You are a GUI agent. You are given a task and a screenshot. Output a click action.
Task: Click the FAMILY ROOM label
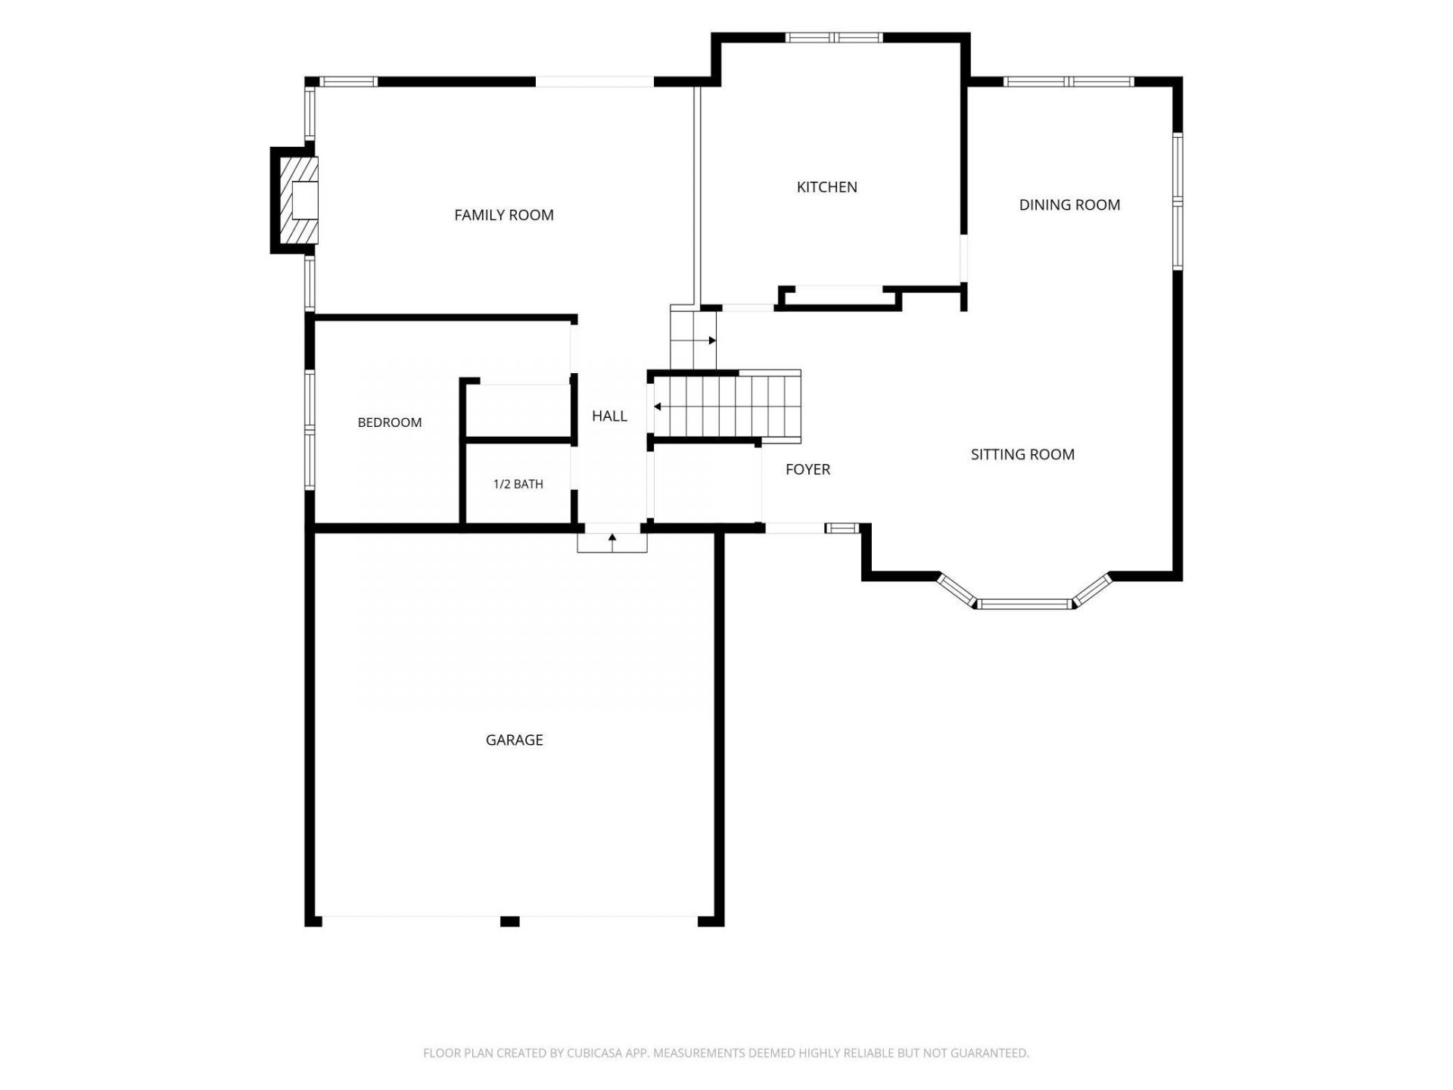[504, 215]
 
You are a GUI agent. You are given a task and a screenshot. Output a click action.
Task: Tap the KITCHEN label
[827, 187]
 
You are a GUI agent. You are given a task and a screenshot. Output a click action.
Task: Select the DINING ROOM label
[1069, 204]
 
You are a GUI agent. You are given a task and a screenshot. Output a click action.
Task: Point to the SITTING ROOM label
[1022, 454]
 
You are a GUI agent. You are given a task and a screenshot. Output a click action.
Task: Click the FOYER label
[807, 469]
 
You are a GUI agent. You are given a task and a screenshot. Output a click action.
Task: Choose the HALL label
[609, 416]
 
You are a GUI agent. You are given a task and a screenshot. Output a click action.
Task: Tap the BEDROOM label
[390, 422]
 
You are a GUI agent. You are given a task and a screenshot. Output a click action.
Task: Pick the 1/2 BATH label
[518, 484]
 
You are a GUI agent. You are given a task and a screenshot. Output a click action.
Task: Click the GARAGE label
[515, 740]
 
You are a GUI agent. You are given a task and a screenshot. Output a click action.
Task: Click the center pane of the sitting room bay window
[1023, 604]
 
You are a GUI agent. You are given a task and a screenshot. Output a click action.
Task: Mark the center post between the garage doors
[510, 921]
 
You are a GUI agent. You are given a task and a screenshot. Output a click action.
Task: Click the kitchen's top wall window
[833, 37]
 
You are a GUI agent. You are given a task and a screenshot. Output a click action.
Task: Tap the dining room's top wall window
[1069, 82]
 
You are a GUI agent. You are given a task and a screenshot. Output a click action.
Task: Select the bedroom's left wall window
[310, 428]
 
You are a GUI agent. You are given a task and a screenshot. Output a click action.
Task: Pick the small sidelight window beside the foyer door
[842, 528]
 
